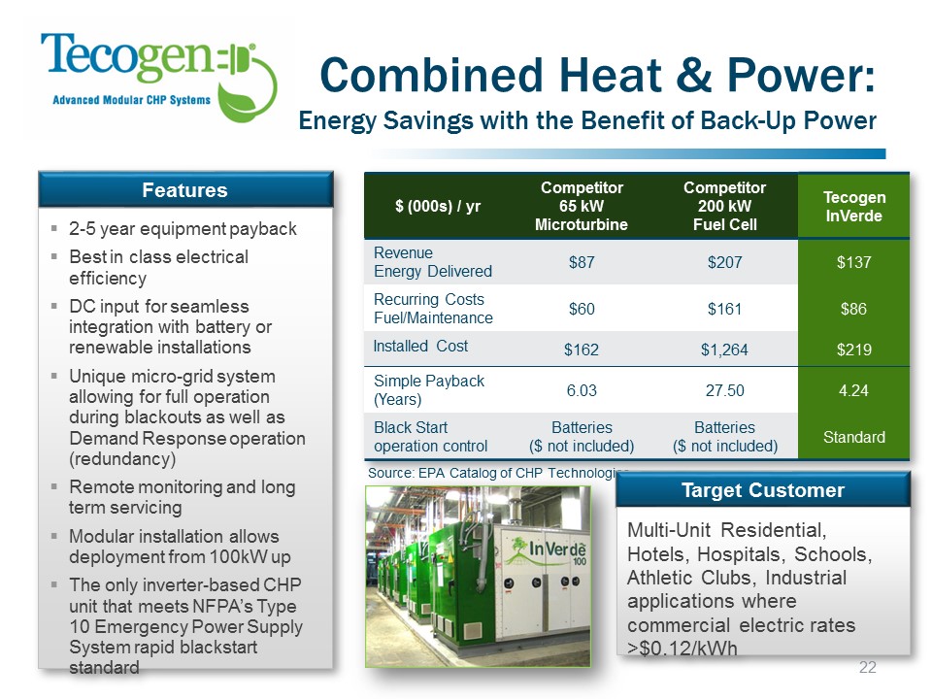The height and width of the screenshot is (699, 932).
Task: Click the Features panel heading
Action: pyautogui.click(x=184, y=190)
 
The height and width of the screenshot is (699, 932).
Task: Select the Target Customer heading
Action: pyautogui.click(x=763, y=490)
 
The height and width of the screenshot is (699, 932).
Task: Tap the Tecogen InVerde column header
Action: pyautogui.click(x=854, y=206)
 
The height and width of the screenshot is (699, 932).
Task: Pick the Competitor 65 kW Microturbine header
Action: pyautogui.click(x=582, y=206)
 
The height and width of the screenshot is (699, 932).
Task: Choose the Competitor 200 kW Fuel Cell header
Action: pyautogui.click(x=724, y=206)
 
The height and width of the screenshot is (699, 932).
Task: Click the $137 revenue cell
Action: pyautogui.click(x=854, y=262)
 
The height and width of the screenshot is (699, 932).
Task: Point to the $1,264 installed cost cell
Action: pyautogui.click(x=724, y=349)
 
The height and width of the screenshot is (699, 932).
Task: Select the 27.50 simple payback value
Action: pyautogui.click(x=724, y=390)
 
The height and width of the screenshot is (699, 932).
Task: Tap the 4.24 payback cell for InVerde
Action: pyautogui.click(x=853, y=390)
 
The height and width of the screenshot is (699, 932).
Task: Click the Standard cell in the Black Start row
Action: pyautogui.click(x=854, y=438)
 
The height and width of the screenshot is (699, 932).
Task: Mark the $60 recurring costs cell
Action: pyautogui.click(x=582, y=309)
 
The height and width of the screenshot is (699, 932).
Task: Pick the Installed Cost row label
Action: pyautogui.click(x=420, y=346)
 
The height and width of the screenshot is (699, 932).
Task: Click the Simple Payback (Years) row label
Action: pyautogui.click(x=428, y=390)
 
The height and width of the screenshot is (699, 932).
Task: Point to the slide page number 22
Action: pyautogui.click(x=867, y=667)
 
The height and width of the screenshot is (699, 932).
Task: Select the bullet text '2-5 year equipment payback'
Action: pyautogui.click(x=183, y=229)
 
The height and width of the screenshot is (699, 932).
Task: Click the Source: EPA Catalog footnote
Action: pyautogui.click(x=498, y=473)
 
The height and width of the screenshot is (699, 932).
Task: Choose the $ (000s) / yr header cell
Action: pyautogui.click(x=438, y=206)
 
